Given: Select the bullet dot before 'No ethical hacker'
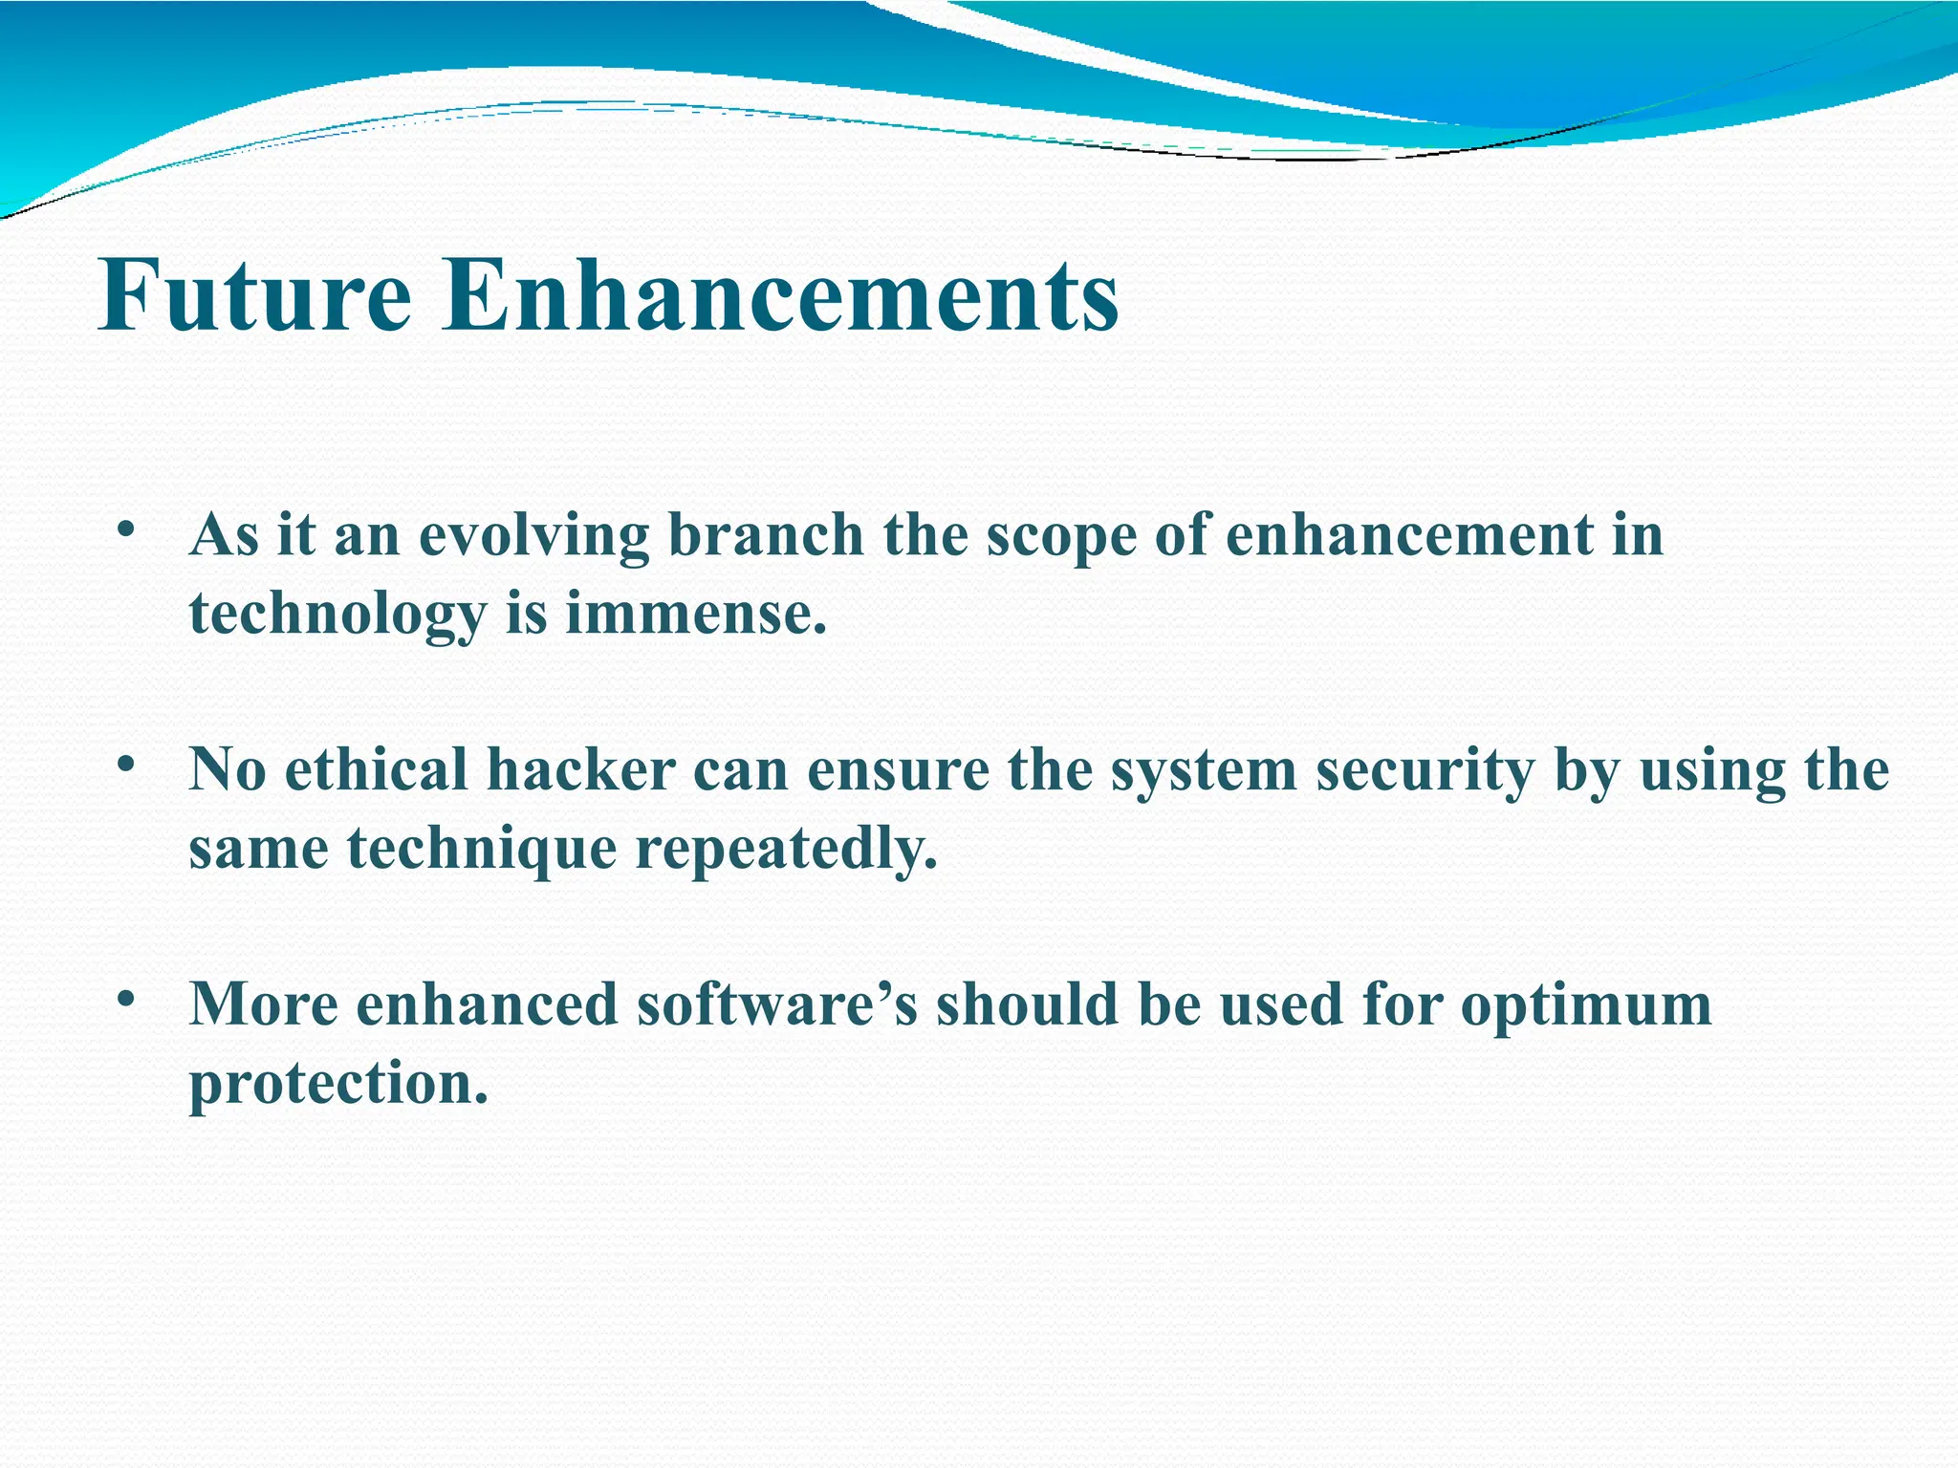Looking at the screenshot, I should [x=124, y=765].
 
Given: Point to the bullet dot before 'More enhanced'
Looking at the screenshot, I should [x=124, y=1000].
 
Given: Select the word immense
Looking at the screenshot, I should [x=695, y=614].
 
